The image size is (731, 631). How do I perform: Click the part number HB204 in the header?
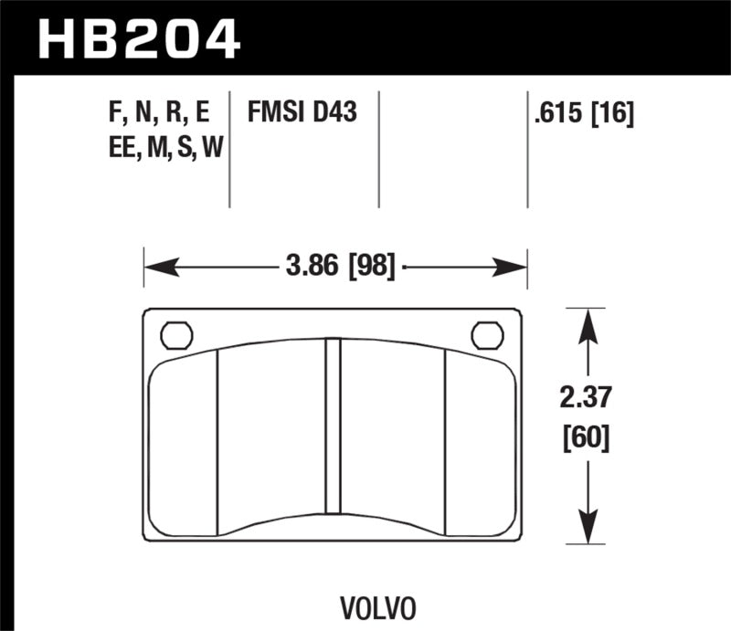[x=138, y=38]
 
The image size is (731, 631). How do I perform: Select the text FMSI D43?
[x=301, y=114]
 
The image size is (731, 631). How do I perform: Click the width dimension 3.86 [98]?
[x=339, y=268]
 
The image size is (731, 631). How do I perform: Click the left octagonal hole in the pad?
[x=176, y=335]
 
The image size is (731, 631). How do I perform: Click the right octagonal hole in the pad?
[x=487, y=335]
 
